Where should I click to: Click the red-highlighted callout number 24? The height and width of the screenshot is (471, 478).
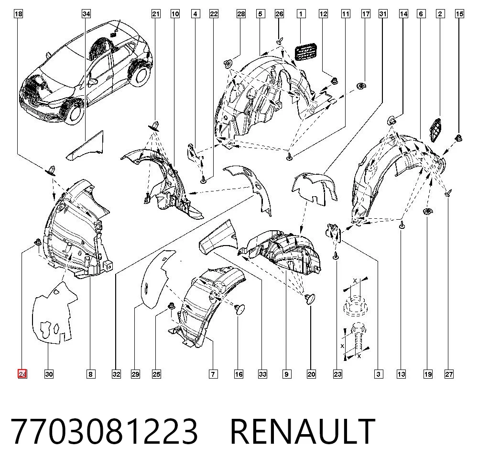(22, 374)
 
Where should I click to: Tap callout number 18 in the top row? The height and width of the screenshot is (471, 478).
(18, 14)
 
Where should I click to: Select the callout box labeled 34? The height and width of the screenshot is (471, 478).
(86, 14)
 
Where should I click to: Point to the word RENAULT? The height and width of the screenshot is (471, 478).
(303, 432)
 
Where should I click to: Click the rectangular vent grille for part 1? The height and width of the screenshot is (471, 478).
(305, 50)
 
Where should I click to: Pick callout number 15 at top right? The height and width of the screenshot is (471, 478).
(459, 14)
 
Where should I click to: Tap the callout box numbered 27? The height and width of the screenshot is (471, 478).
(449, 374)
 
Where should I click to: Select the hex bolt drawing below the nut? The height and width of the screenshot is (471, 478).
(357, 339)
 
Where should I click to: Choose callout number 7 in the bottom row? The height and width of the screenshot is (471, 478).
(213, 374)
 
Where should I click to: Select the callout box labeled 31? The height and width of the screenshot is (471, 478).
(383, 14)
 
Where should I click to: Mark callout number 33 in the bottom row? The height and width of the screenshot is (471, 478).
(262, 374)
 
